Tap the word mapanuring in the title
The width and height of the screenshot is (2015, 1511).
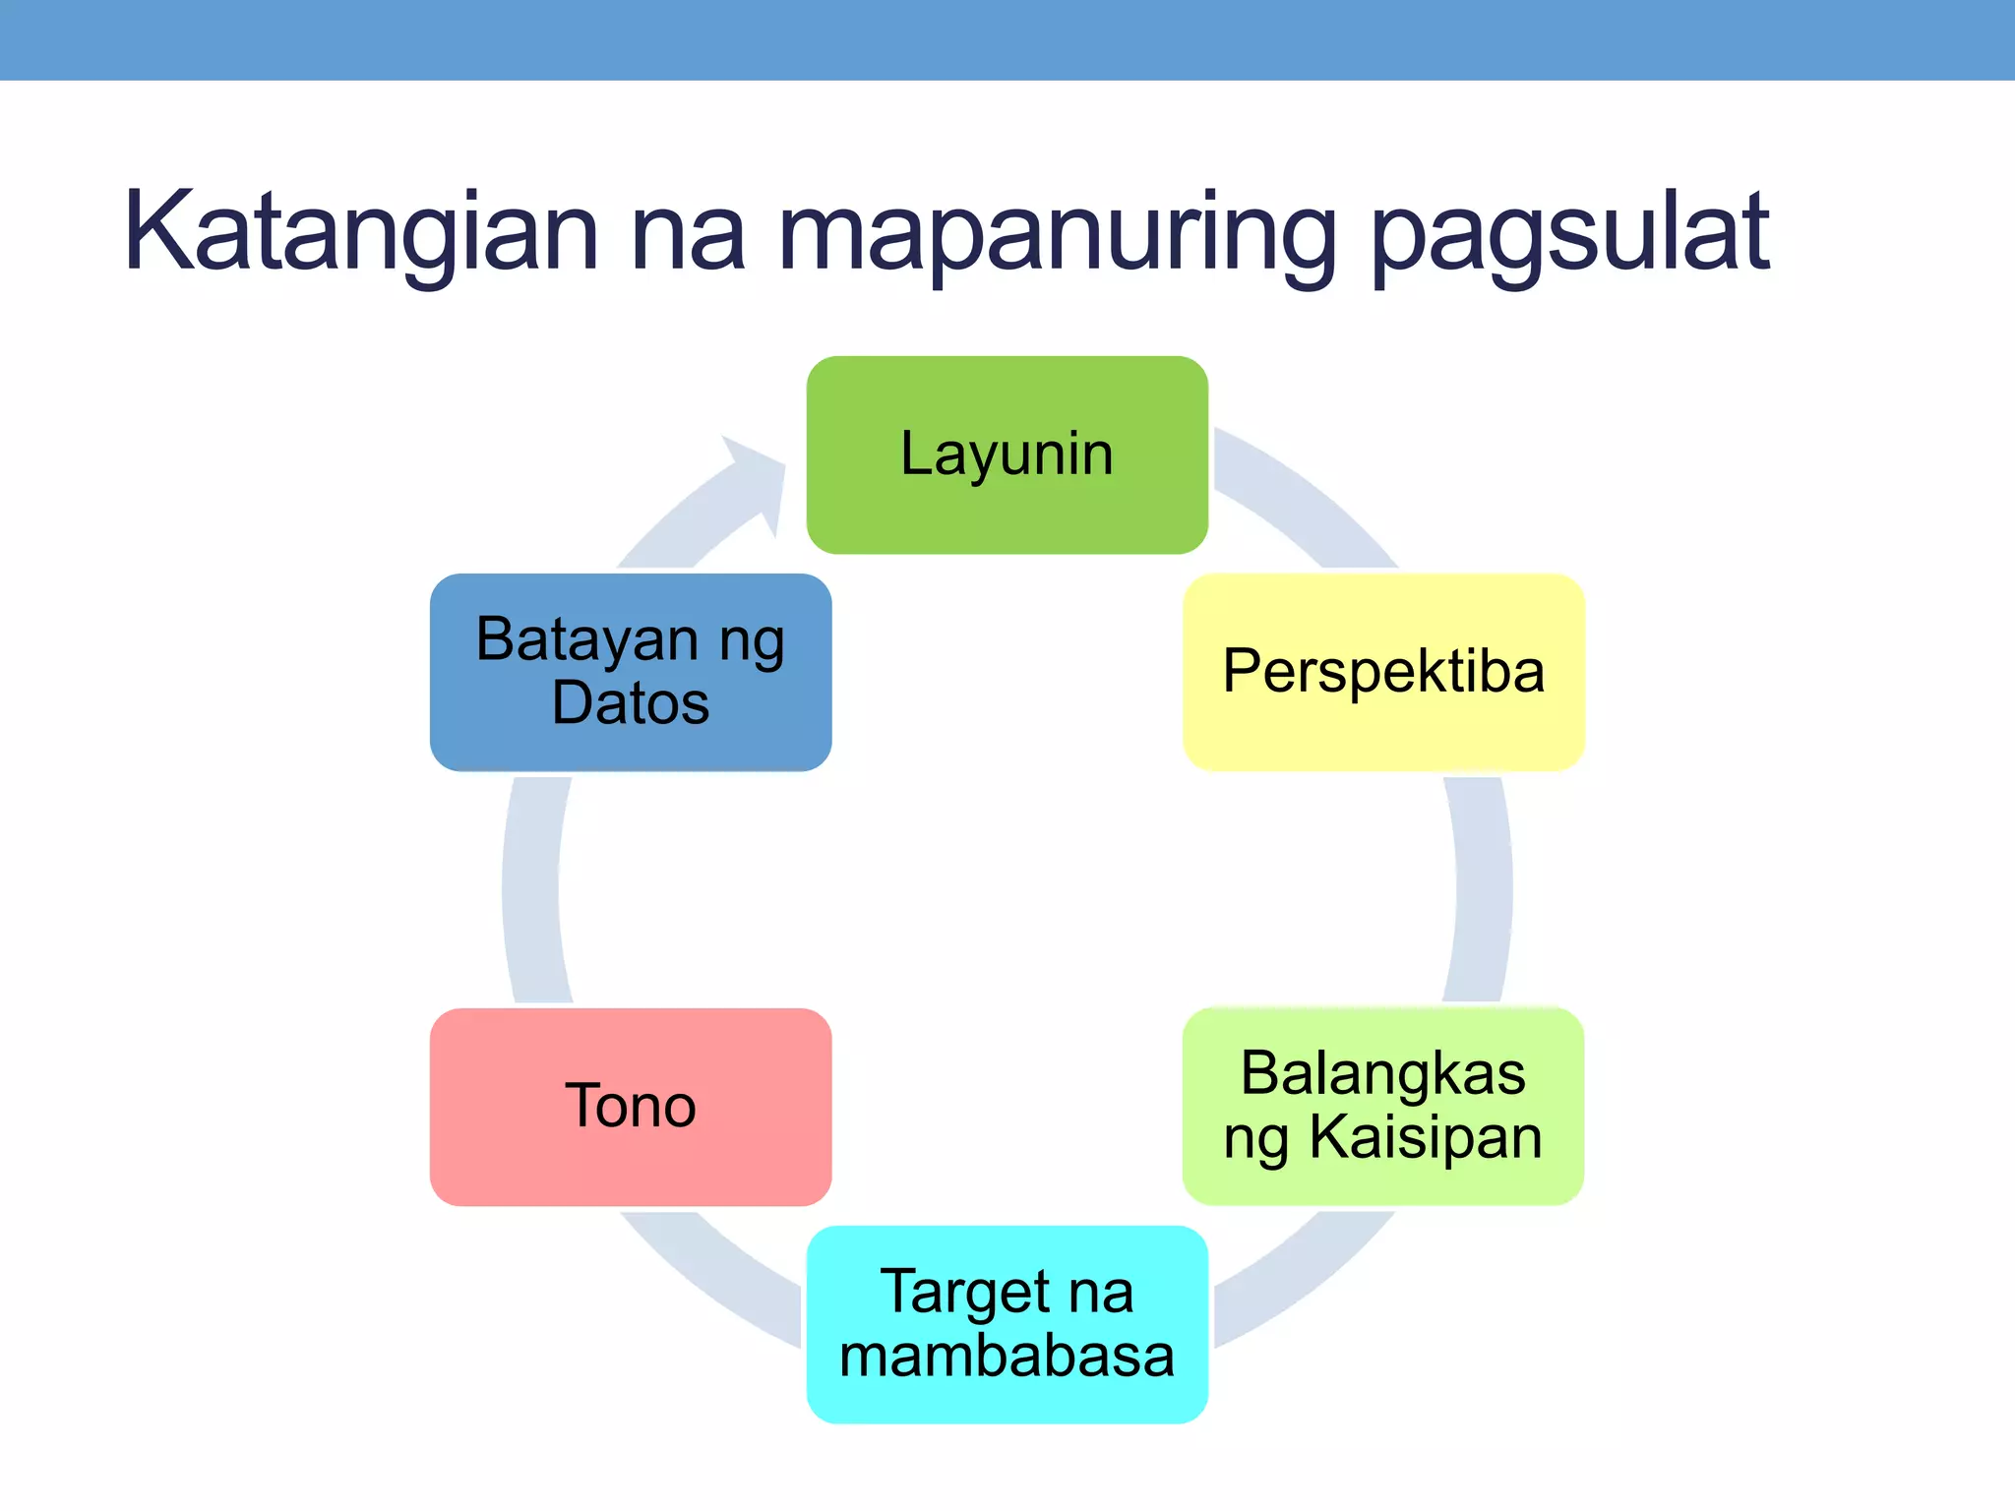point(1057,234)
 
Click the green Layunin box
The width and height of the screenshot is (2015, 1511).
point(1007,454)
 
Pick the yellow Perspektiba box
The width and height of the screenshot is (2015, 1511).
point(1382,672)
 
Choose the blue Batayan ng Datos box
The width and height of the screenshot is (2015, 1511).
point(631,672)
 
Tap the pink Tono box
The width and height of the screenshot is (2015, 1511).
point(631,1107)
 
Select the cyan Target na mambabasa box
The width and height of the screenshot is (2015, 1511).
point(1007,1324)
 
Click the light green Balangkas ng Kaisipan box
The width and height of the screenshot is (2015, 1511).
point(1382,1107)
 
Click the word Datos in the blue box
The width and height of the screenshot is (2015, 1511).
point(631,703)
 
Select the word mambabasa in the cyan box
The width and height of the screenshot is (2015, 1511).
point(1007,1356)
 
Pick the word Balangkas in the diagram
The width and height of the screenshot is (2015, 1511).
point(1382,1073)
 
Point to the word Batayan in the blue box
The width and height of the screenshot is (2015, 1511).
point(587,639)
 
